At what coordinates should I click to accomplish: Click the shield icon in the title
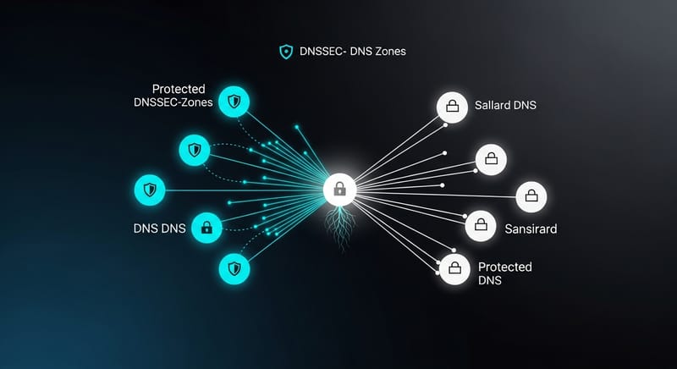pos(286,52)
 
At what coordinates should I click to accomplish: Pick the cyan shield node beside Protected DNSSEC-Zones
pos(234,102)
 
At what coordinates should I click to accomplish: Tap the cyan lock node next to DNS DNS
pos(206,227)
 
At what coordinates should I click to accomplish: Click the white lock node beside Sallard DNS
pos(452,107)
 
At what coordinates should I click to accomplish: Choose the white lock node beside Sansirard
pos(481,226)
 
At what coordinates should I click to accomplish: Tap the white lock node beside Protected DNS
pos(454,270)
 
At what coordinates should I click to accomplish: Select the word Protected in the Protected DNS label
pos(505,267)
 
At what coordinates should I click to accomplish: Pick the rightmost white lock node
pos(531,196)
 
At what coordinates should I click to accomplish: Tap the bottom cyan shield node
pos(234,269)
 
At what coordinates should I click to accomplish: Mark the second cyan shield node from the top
pos(195,151)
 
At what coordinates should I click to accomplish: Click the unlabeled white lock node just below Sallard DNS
pos(491,158)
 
